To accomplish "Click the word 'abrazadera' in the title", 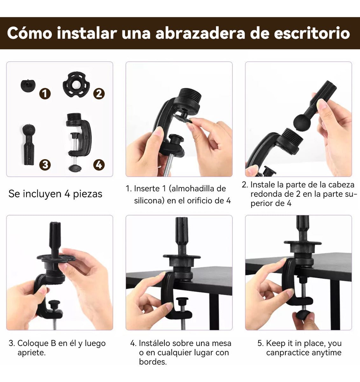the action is [x=200, y=33].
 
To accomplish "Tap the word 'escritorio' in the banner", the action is [x=312, y=33].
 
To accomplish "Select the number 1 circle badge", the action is [x=45, y=94].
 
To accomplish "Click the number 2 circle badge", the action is [x=99, y=94].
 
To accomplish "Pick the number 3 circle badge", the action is [x=45, y=165].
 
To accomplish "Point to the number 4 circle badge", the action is [x=99, y=165].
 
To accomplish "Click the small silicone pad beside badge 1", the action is [x=28, y=85].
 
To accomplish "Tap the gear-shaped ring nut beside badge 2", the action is [x=76, y=84].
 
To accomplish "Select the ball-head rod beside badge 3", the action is [x=29, y=145].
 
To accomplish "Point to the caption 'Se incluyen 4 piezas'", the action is [x=55, y=194].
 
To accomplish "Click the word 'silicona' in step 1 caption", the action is [x=149, y=201].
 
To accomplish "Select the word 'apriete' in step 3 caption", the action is [x=31, y=353].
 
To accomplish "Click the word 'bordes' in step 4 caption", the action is [x=153, y=362].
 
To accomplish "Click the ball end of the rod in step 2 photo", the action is [x=301, y=122].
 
